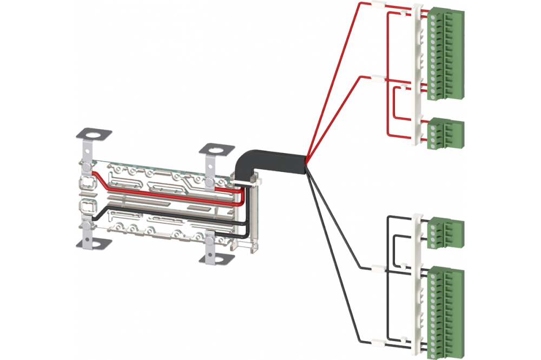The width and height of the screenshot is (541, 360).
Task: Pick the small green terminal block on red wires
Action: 446,134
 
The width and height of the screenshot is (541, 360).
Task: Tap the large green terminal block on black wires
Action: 447,311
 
